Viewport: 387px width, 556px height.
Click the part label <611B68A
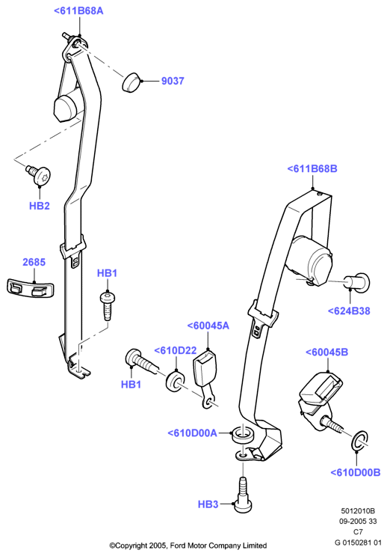pyautogui.click(x=78, y=11)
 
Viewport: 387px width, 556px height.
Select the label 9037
pyautogui.click(x=173, y=82)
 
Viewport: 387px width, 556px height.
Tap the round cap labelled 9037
pyautogui.click(x=131, y=82)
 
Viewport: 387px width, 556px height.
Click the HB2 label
pyautogui.click(x=40, y=206)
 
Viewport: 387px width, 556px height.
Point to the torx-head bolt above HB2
pyautogui.click(x=39, y=174)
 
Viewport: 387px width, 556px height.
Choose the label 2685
pyautogui.click(x=34, y=262)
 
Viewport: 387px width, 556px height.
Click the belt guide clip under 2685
pyautogui.click(x=31, y=287)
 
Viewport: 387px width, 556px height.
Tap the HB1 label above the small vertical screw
pyautogui.click(x=107, y=273)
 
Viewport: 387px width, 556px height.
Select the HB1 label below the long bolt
pyautogui.click(x=131, y=385)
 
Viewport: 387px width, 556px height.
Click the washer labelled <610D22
pyautogui.click(x=175, y=381)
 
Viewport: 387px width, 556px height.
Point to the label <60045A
pyautogui.click(x=208, y=326)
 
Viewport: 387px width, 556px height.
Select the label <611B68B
pyautogui.click(x=312, y=169)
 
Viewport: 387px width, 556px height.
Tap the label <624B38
pyautogui.click(x=349, y=311)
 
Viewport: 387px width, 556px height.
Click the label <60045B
pyautogui.click(x=326, y=352)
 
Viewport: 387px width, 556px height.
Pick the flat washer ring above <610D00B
pyautogui.click(x=360, y=441)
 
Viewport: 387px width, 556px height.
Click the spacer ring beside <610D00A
pyautogui.click(x=244, y=435)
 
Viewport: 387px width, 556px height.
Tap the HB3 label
pyautogui.click(x=208, y=504)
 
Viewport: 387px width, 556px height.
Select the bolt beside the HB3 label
pyautogui.click(x=243, y=495)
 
